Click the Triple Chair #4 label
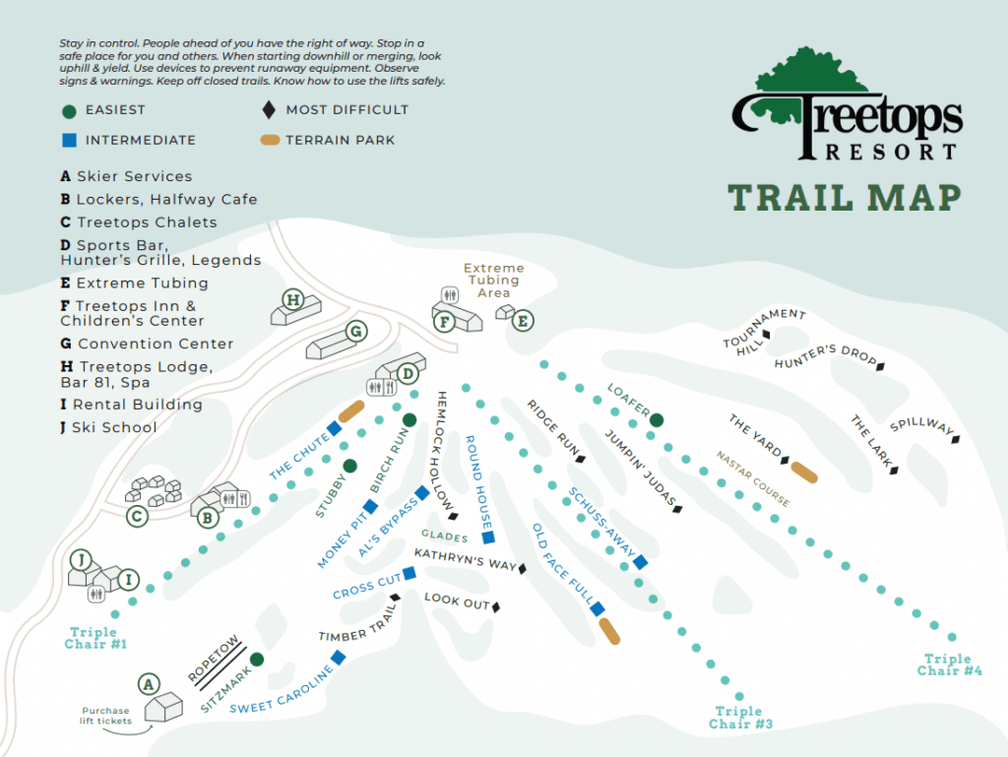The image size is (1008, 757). [950, 664]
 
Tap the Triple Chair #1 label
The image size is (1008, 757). [97, 638]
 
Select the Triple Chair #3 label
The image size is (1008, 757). [739, 718]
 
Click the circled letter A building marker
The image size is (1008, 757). [149, 683]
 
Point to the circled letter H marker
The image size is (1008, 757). [292, 299]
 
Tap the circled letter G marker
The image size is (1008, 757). [356, 332]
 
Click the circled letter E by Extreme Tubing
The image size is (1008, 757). [523, 320]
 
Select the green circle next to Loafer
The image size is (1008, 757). [657, 419]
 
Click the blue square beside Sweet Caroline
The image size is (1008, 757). [338, 657]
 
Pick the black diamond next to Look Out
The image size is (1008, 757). [497, 606]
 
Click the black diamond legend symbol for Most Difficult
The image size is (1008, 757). [269, 110]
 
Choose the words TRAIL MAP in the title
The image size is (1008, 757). [844, 197]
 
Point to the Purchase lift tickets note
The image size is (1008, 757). [105, 717]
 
